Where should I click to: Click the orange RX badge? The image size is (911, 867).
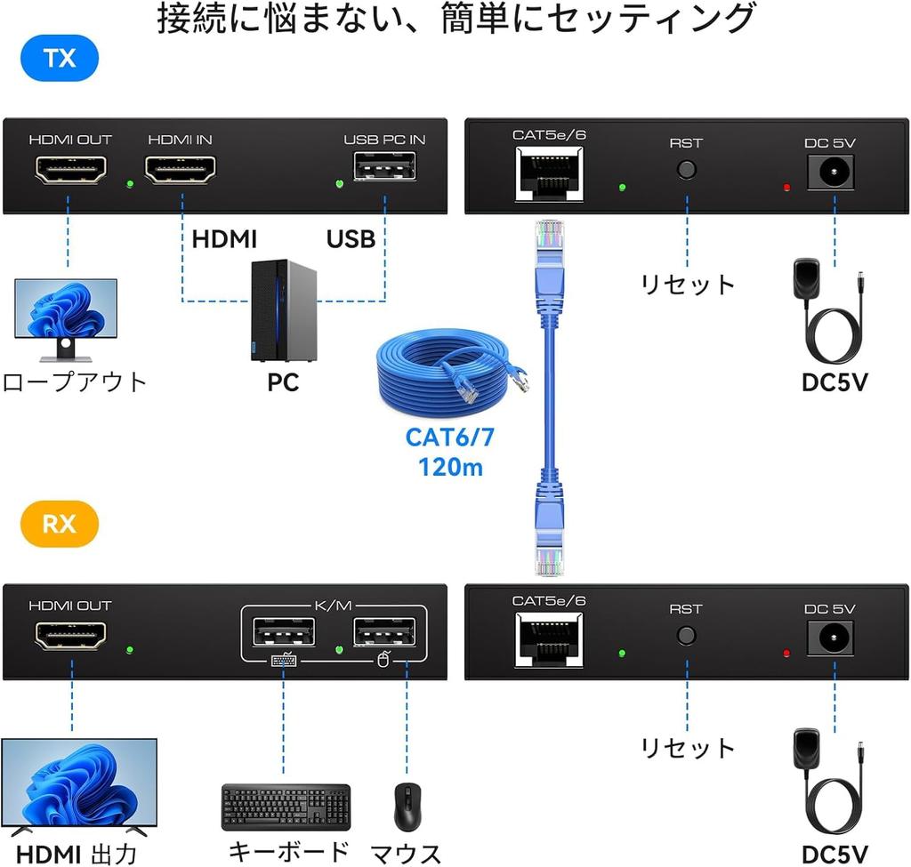click(59, 524)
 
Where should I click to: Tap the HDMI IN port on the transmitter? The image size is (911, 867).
click(181, 169)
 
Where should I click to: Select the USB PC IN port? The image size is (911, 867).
click(384, 166)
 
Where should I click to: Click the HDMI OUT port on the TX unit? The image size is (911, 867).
click(70, 169)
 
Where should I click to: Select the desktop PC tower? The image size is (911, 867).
click(284, 310)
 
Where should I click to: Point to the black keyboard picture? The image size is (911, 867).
click(286, 806)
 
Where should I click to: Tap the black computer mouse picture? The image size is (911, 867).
click(407, 807)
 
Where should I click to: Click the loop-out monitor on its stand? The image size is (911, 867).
click(66, 316)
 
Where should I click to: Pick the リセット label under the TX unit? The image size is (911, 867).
click(688, 285)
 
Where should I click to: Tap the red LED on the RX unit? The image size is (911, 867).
click(786, 654)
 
